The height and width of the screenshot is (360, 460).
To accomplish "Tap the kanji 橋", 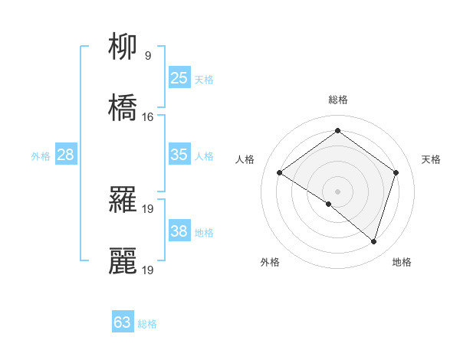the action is (x=123, y=108).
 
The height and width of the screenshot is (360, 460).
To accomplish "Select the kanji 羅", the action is (x=123, y=199).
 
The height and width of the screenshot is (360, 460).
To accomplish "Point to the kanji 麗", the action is (x=123, y=260).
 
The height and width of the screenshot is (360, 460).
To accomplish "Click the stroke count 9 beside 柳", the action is (x=147, y=55).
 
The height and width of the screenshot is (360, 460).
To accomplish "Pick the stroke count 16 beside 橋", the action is (x=148, y=116).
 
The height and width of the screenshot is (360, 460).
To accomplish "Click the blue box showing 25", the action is (x=179, y=77).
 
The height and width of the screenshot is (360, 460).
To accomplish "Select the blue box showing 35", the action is (x=179, y=155).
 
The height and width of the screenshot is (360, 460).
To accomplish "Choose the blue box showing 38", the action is (x=179, y=231).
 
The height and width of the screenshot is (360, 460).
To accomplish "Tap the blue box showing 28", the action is (x=66, y=155).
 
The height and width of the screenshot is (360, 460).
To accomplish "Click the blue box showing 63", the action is (x=123, y=322).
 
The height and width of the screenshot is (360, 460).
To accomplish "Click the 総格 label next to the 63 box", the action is (x=147, y=324).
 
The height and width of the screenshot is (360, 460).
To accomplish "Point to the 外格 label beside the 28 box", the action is (x=41, y=156).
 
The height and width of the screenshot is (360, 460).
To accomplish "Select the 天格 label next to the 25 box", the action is (x=203, y=79).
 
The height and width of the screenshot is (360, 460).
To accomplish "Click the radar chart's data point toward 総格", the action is (x=337, y=130).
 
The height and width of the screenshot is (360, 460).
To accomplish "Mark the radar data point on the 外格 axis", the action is (x=329, y=204).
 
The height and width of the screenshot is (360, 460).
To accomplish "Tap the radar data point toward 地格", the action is (x=373, y=241).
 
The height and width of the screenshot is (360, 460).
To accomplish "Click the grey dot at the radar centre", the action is (x=337, y=190).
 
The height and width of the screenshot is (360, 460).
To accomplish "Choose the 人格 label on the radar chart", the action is (x=245, y=159).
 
